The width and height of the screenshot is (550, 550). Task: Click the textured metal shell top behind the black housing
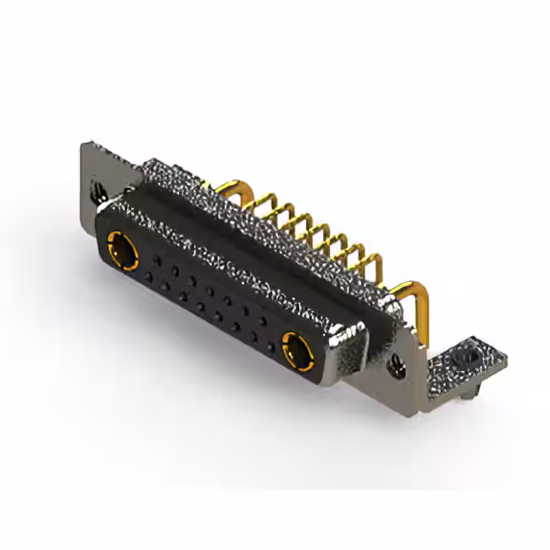[258, 223]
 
